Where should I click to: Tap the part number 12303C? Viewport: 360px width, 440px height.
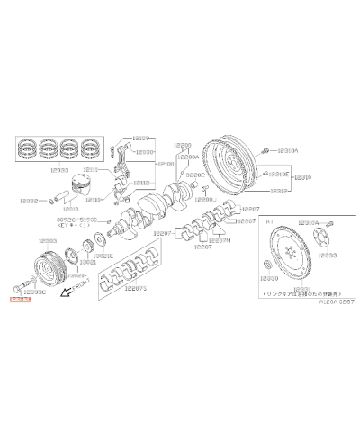click(x=36, y=292)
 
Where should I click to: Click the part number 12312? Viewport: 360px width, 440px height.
click(x=281, y=191)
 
